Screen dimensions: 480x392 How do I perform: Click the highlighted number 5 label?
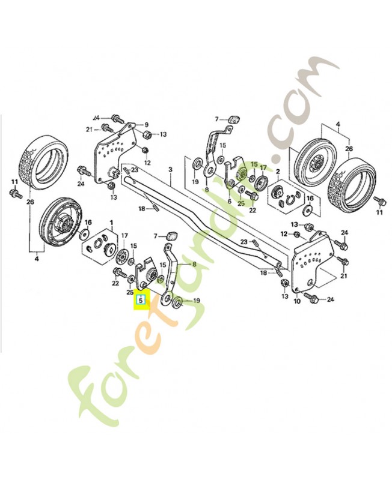[x=141, y=299]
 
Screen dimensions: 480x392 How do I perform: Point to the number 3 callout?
[x=170, y=170]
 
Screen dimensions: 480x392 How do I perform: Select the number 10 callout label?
[x=296, y=301]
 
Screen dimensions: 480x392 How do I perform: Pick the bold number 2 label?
[x=279, y=170]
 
